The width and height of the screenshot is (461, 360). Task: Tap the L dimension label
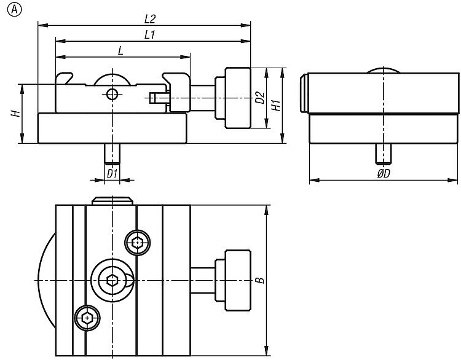tap(120, 52)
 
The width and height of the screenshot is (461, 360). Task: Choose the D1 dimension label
tap(111, 174)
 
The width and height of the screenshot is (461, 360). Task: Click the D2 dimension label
tap(260, 98)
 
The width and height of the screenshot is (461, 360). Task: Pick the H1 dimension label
tap(276, 104)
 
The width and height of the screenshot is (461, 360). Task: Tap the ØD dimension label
tap(382, 174)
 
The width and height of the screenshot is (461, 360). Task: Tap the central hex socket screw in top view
tap(112, 281)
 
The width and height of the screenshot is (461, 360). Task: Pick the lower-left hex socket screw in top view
tap(87, 318)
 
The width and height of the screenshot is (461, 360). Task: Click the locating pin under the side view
tap(382, 154)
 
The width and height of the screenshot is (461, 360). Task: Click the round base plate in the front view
tap(112, 129)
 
